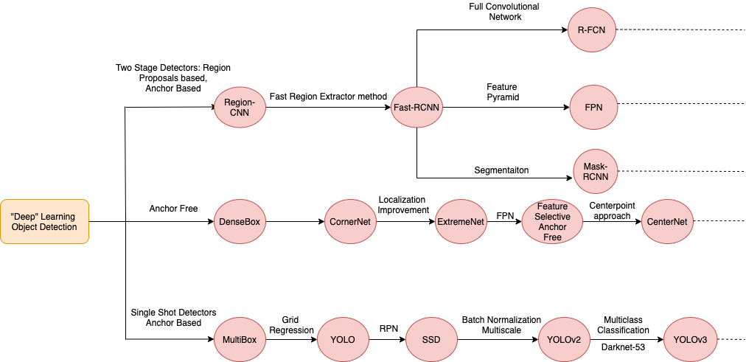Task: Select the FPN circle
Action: point(594,107)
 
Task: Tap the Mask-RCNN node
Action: point(595,172)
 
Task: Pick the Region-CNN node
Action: point(239,107)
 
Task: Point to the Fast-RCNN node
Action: point(417,107)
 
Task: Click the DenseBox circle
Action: point(239,221)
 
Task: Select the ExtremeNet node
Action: point(461,221)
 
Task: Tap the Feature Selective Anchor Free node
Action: point(552,222)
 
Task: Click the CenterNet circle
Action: point(667,221)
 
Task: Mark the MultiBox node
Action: point(239,340)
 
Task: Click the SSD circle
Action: point(432,340)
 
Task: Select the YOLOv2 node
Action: point(564,340)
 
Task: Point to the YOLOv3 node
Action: point(691,340)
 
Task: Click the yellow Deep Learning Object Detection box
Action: point(44,222)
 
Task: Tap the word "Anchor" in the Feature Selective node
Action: point(552,227)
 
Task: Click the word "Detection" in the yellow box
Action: point(59,227)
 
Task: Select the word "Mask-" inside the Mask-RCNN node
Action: point(595,167)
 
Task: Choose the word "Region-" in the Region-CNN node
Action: point(239,102)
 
